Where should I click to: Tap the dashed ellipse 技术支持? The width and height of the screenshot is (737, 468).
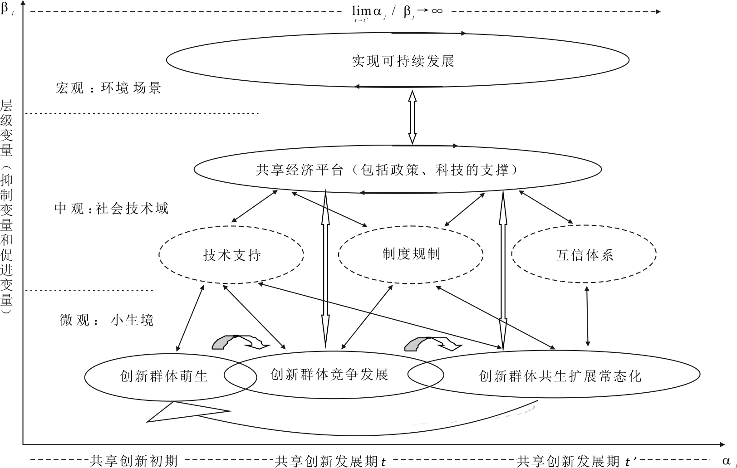pos(231,255)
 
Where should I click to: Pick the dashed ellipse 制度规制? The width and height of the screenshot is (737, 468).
pos(411,254)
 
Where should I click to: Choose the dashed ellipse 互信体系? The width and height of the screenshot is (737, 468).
pos(584,255)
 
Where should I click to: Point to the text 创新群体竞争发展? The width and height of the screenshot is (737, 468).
pos(329,375)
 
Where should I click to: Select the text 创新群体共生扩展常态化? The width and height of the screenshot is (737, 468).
pos(560,376)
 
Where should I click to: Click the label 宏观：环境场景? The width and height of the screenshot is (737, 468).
pos(108,88)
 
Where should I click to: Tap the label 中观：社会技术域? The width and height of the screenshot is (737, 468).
pos(112,209)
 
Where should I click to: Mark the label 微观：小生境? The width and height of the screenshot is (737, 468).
pos(107,320)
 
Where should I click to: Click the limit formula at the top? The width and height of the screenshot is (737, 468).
pos(398,12)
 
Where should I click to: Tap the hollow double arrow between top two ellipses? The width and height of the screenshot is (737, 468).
pos(412,117)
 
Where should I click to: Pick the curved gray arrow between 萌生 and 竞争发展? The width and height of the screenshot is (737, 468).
pos(241,342)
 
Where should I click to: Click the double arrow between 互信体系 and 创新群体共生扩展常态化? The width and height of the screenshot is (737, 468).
pos(588,316)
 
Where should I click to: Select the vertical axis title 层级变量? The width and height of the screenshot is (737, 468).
pos(6,128)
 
